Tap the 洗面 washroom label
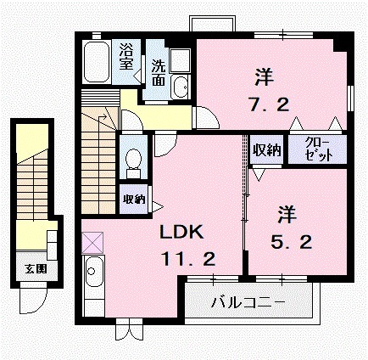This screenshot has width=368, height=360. point(159,73)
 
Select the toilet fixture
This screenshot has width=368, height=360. point(132,159)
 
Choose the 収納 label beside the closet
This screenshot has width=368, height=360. point(266,150)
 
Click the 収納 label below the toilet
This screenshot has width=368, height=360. point(132,200)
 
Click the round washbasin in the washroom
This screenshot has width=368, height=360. point(181,87)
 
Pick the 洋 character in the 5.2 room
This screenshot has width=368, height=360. point(285,211)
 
